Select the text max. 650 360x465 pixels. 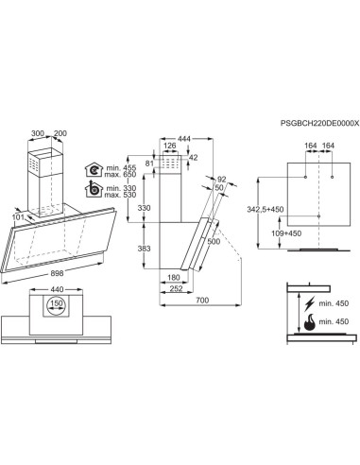[x=120, y=176]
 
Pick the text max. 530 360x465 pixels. [x=120, y=198]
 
